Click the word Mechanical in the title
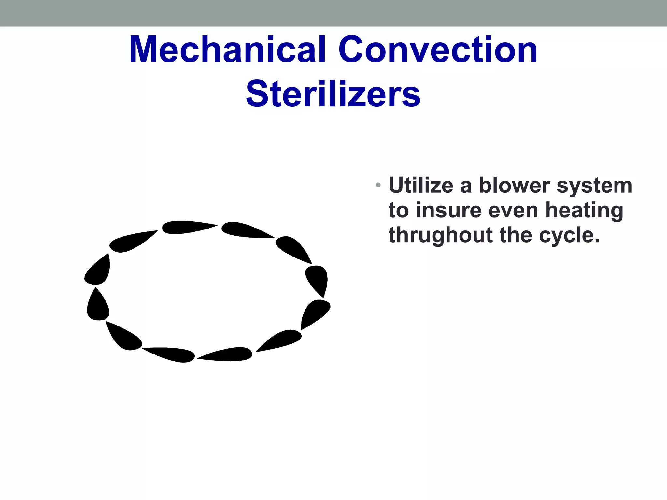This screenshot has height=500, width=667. [227, 50]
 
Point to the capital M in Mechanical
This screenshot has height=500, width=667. [145, 50]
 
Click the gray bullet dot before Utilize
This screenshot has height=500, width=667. [378, 185]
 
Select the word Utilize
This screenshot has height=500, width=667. [421, 186]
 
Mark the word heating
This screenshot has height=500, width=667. [584, 211]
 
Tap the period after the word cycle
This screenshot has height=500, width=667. [597, 241]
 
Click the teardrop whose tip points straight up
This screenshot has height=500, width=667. [97, 305]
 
